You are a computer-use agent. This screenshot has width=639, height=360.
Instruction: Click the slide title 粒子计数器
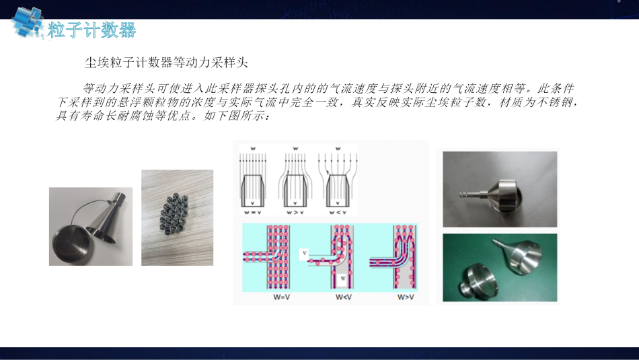click(91, 30)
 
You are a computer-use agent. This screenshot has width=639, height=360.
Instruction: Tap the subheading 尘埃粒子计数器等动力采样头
click(166, 63)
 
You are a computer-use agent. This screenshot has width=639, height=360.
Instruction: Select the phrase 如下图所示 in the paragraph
click(234, 116)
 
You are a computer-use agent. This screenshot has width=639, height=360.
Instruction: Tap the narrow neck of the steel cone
click(120, 199)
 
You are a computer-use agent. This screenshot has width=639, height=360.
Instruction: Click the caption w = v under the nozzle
click(253, 213)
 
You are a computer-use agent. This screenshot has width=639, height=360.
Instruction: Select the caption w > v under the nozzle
click(295, 213)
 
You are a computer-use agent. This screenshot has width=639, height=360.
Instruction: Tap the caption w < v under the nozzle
click(338, 213)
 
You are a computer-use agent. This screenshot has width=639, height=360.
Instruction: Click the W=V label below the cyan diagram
click(282, 297)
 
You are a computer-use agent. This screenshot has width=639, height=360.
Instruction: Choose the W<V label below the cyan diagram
click(344, 297)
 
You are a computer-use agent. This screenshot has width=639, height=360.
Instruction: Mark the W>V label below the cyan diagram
click(406, 297)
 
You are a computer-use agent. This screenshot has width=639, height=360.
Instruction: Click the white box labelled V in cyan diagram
click(304, 254)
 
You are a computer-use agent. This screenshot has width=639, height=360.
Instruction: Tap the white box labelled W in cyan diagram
click(343, 279)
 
